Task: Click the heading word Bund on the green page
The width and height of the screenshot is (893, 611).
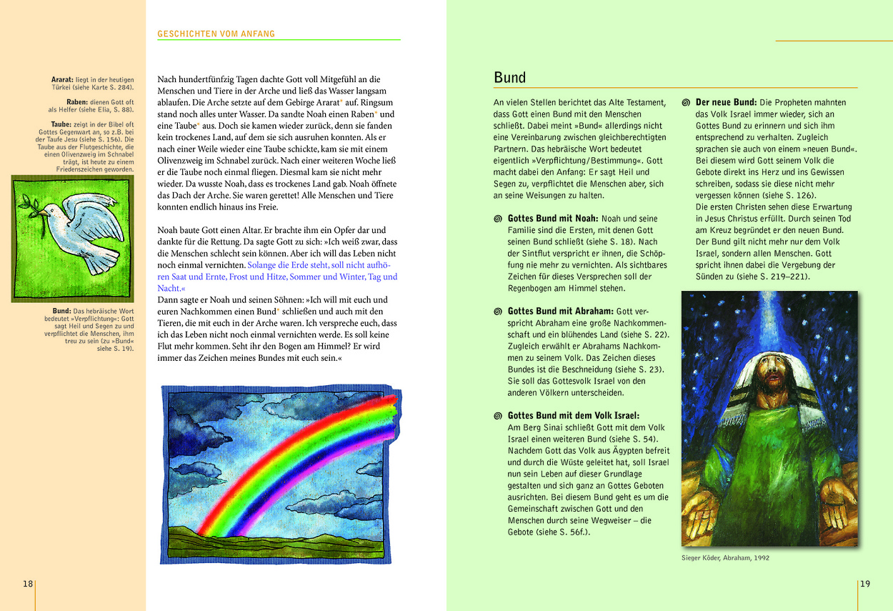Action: pyautogui.click(x=509, y=78)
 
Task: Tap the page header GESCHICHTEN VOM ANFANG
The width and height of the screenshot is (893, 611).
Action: pyautogui.click(x=216, y=34)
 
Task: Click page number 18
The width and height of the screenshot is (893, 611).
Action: pyautogui.click(x=28, y=584)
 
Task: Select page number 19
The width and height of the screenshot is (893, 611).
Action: pyautogui.click(x=865, y=584)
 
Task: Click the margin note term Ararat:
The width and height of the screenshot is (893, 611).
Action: pyautogui.click(x=63, y=80)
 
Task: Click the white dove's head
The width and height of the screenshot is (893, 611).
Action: pyautogui.click(x=46, y=212)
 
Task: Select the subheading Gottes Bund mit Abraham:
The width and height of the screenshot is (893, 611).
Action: pyautogui.click(x=561, y=312)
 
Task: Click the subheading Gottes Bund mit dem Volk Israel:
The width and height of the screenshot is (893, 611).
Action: pyautogui.click(x=574, y=415)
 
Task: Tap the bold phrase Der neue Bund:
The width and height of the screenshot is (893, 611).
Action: pyautogui.click(x=726, y=103)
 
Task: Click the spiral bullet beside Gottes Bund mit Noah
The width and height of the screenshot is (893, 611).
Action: pyautogui.click(x=498, y=219)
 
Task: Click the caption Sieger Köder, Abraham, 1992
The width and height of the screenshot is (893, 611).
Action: pyautogui.click(x=725, y=558)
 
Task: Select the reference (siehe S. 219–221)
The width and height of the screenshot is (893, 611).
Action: pyautogui.click(x=772, y=277)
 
